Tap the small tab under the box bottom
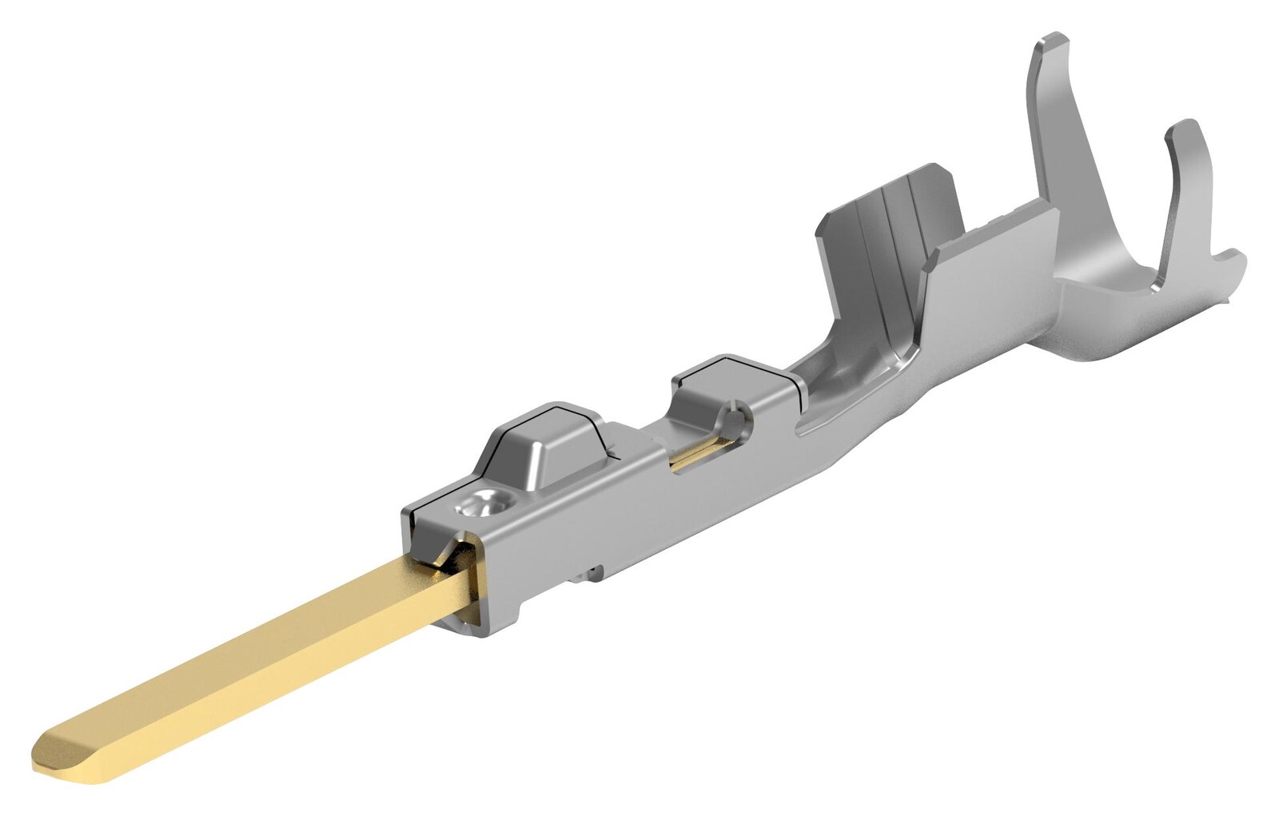[x=593, y=572]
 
